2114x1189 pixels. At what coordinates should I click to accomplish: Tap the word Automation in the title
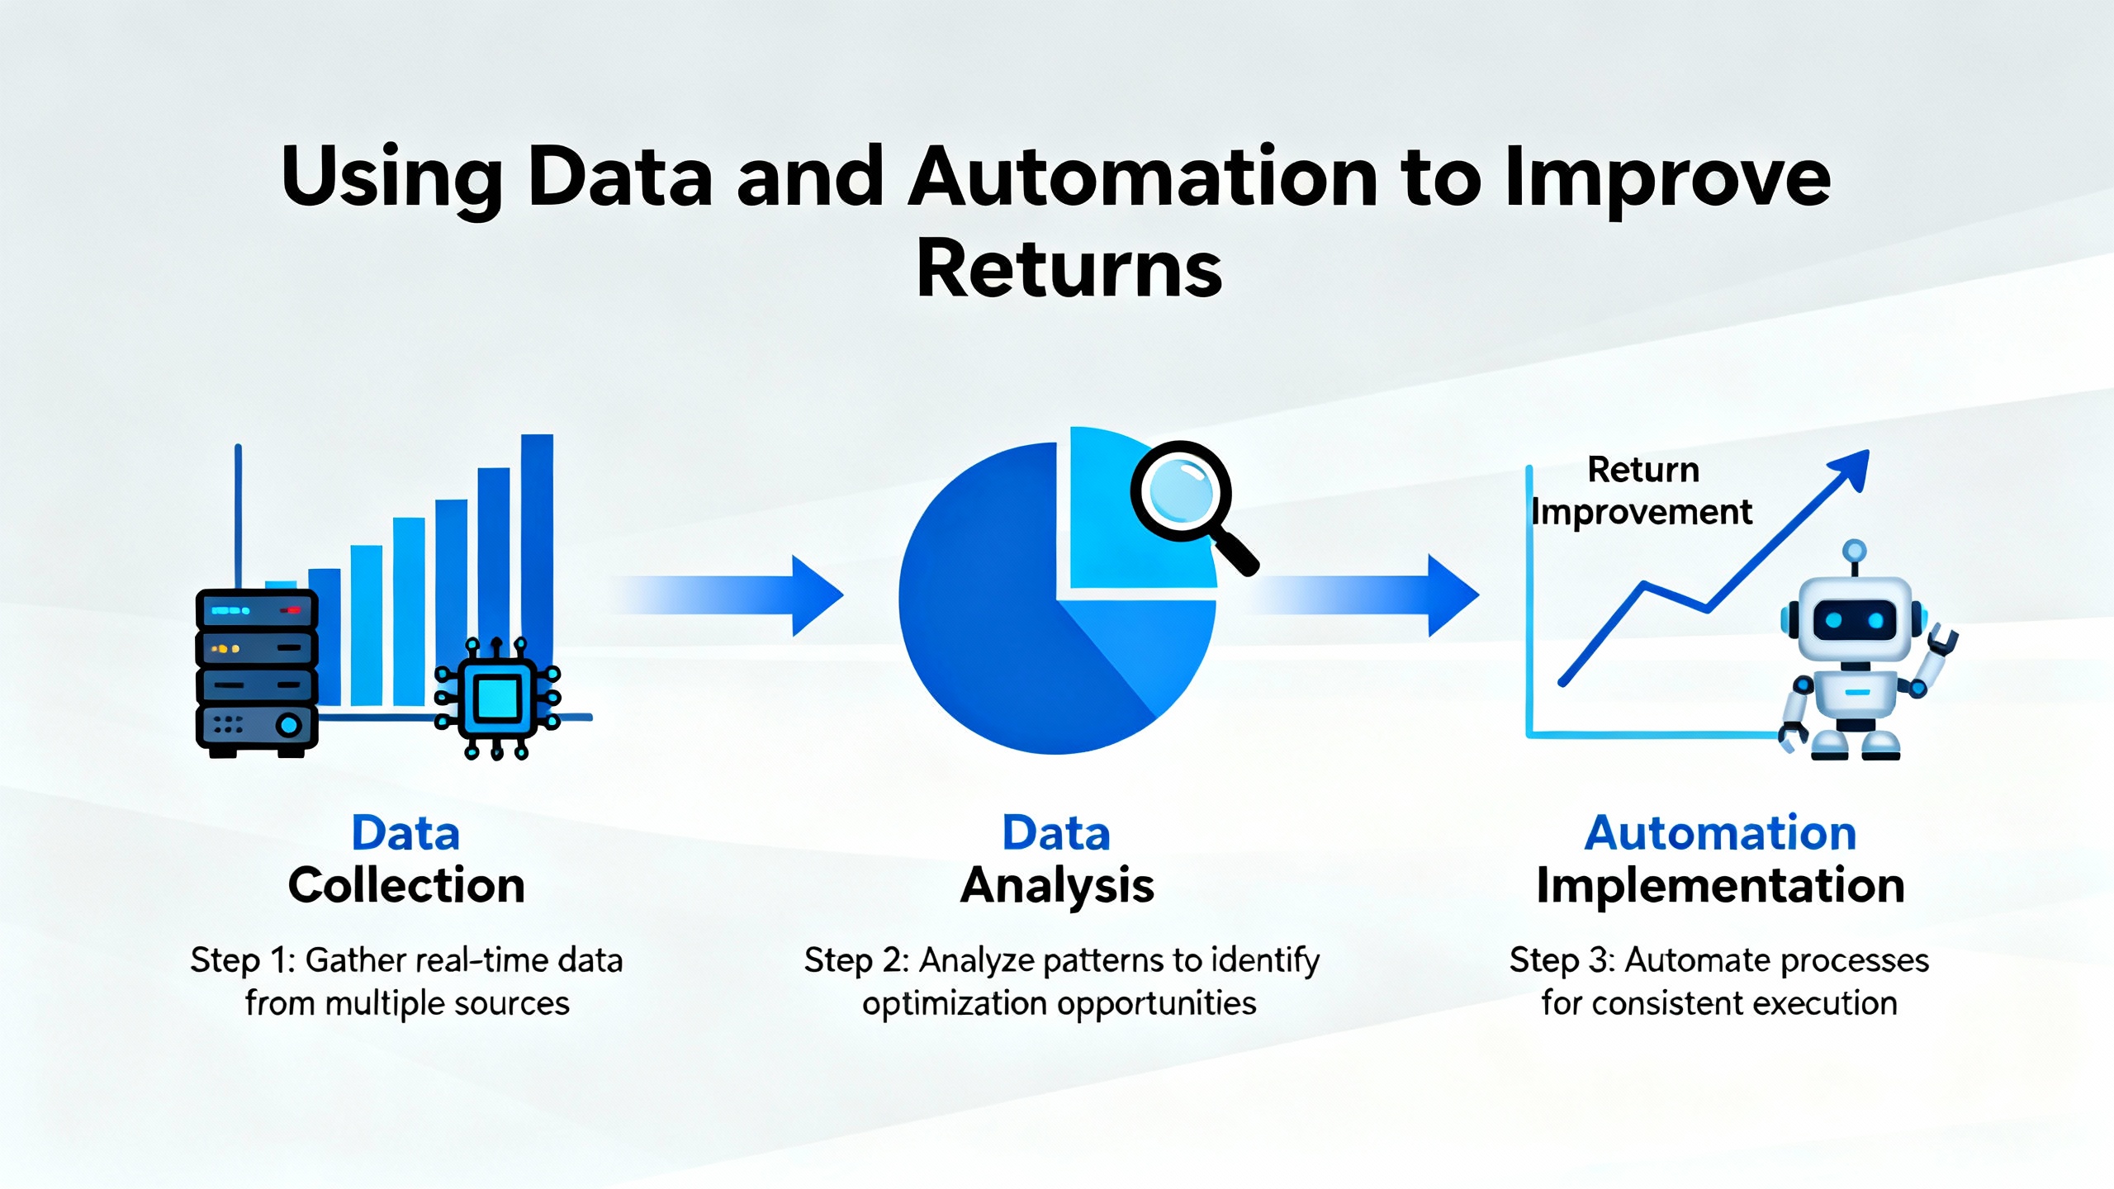pyautogui.click(x=1143, y=177)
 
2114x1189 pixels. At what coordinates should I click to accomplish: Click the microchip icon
pyautogui.click(x=497, y=698)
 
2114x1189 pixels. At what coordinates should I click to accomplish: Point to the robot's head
pyautogui.click(x=1855, y=619)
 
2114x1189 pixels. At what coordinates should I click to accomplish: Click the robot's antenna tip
pyautogui.click(x=1855, y=550)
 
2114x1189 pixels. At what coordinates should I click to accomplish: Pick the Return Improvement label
pyautogui.click(x=1642, y=491)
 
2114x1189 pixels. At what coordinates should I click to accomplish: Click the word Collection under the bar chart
pyautogui.click(x=406, y=886)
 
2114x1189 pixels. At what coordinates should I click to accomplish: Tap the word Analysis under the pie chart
pyautogui.click(x=1057, y=886)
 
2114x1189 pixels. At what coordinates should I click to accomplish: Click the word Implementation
pyautogui.click(x=1720, y=886)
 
